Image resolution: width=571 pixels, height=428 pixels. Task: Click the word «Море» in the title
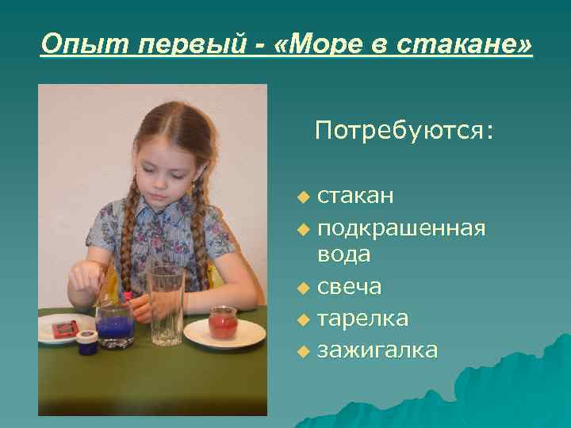click(x=326, y=44)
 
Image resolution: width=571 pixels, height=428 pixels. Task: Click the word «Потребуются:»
click(x=404, y=130)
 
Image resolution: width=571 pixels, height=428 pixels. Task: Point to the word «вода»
click(x=343, y=254)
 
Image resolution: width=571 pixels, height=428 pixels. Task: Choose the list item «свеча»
click(x=349, y=286)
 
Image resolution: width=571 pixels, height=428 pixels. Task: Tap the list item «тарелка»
click(x=362, y=318)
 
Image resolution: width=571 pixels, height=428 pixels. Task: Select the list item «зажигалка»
click(x=377, y=350)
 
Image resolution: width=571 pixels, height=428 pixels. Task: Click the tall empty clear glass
click(x=167, y=305)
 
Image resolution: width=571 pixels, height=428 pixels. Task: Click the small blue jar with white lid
click(x=87, y=342)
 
